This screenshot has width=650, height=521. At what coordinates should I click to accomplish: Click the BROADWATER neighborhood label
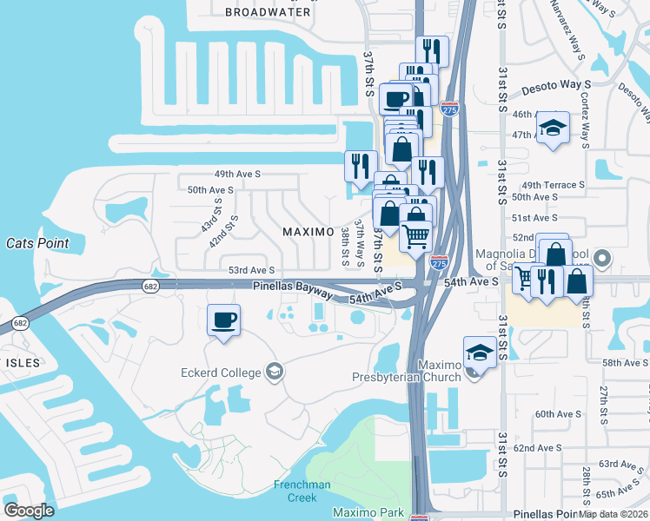pyautogui.click(x=268, y=12)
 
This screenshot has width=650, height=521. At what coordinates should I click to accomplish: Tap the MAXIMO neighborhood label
pyautogui.click(x=308, y=232)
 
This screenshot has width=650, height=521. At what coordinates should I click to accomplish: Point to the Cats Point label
pyautogui.click(x=37, y=243)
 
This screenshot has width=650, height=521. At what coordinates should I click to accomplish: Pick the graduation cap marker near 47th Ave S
pyautogui.click(x=552, y=128)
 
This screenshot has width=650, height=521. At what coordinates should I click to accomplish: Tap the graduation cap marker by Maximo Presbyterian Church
pyautogui.click(x=480, y=353)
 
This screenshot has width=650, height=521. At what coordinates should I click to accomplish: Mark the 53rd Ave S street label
pyautogui.click(x=251, y=271)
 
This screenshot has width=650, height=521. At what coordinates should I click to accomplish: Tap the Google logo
pyautogui.click(x=29, y=511)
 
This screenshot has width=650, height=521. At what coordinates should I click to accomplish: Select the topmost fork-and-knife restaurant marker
pyautogui.click(x=432, y=50)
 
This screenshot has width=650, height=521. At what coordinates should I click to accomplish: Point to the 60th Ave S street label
pyautogui.click(x=557, y=414)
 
